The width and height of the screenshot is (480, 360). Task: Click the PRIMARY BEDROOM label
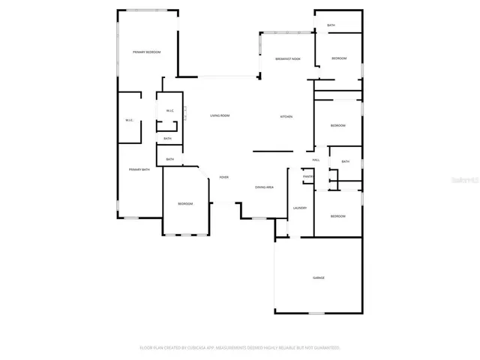click(x=146, y=52)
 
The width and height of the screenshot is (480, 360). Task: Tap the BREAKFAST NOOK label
click(x=288, y=58)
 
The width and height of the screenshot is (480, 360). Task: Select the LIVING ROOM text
click(x=220, y=115)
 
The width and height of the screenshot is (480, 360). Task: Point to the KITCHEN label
click(x=286, y=117)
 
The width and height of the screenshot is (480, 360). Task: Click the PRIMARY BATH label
click(x=139, y=169)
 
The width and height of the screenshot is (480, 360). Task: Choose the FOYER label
click(x=223, y=177)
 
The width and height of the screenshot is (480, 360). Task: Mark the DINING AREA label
click(x=264, y=187)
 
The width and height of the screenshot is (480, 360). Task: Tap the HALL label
click(x=316, y=160)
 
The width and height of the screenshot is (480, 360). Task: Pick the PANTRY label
click(x=307, y=176)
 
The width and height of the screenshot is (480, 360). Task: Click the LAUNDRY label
click(x=300, y=208)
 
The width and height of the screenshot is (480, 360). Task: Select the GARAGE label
click(x=319, y=277)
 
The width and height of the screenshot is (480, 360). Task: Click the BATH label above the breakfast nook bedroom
click(x=331, y=25)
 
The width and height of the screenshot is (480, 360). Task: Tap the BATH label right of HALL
click(x=345, y=161)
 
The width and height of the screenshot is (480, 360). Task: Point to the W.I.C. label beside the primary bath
click(x=129, y=121)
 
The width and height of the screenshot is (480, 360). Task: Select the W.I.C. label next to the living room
click(x=169, y=111)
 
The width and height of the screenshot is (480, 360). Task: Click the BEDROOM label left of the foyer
click(x=185, y=204)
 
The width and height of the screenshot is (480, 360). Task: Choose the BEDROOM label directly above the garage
click(x=338, y=216)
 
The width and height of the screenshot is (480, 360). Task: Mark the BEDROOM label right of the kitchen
click(x=338, y=125)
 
